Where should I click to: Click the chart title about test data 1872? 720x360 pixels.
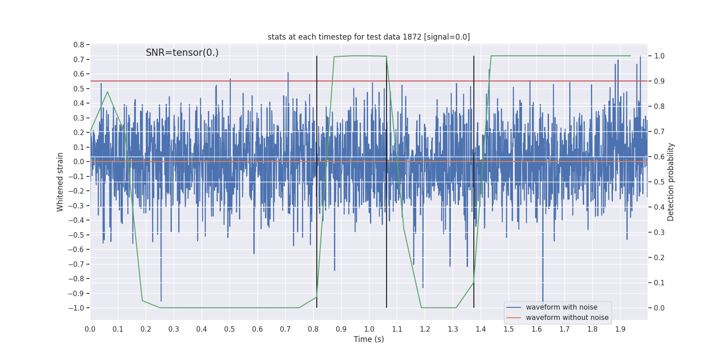point(369,37)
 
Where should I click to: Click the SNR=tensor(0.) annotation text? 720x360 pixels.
point(182,53)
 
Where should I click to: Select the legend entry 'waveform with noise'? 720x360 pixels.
point(561,307)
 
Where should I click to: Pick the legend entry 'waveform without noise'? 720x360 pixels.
point(567,318)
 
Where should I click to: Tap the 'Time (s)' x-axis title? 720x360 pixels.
point(369,339)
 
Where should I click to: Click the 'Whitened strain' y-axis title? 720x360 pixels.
point(60,182)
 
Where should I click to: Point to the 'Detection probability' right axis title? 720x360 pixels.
point(671,182)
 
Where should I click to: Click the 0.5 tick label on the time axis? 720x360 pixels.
point(229,329)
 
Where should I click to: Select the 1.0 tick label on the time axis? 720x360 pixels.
point(369,329)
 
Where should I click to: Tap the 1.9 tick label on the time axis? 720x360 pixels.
point(620,329)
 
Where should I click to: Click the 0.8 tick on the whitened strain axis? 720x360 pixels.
point(79,45)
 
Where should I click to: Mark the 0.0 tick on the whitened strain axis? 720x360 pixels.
point(79,162)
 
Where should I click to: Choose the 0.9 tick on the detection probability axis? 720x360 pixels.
point(659,81)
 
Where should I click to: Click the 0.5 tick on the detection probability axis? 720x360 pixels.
point(659,182)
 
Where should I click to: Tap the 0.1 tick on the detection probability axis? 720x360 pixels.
point(659,283)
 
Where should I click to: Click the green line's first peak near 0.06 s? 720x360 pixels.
point(107,92)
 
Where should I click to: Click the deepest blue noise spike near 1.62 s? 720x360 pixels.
point(543,301)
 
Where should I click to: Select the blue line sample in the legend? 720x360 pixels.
point(513,307)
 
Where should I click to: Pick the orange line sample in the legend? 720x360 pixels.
point(513,318)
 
